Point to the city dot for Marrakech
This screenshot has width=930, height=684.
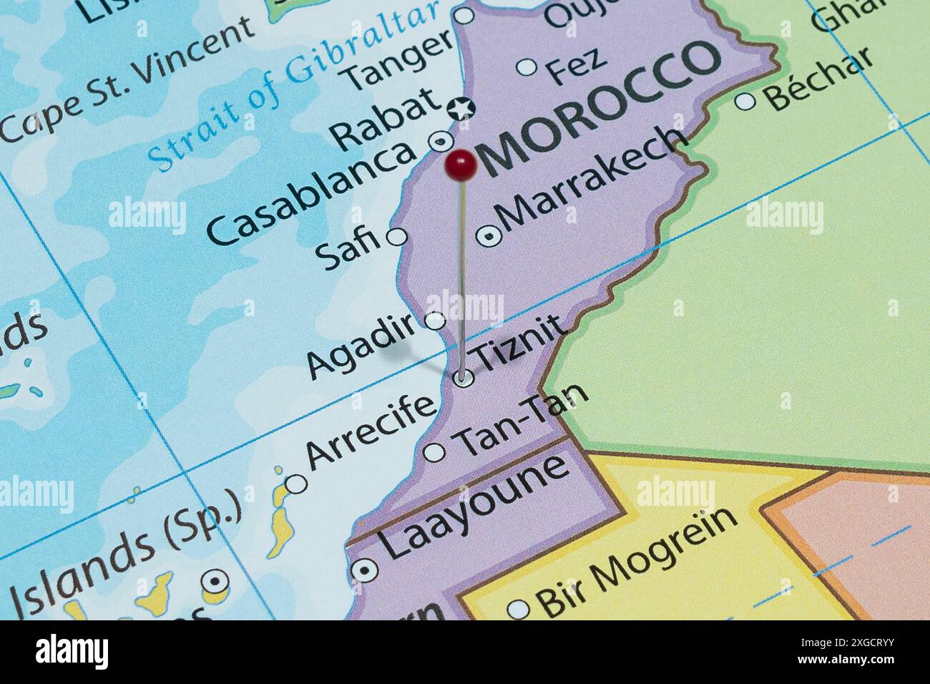pyautogui.click(x=489, y=236)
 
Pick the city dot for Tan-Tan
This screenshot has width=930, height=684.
pyautogui.click(x=434, y=452)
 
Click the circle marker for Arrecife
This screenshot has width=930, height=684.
pyautogui.click(x=296, y=484)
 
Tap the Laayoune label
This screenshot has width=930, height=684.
pyautogui.click(x=474, y=506)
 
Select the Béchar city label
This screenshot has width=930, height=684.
pyautogui.click(x=819, y=78)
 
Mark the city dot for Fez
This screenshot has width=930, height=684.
pyautogui.click(x=527, y=67)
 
